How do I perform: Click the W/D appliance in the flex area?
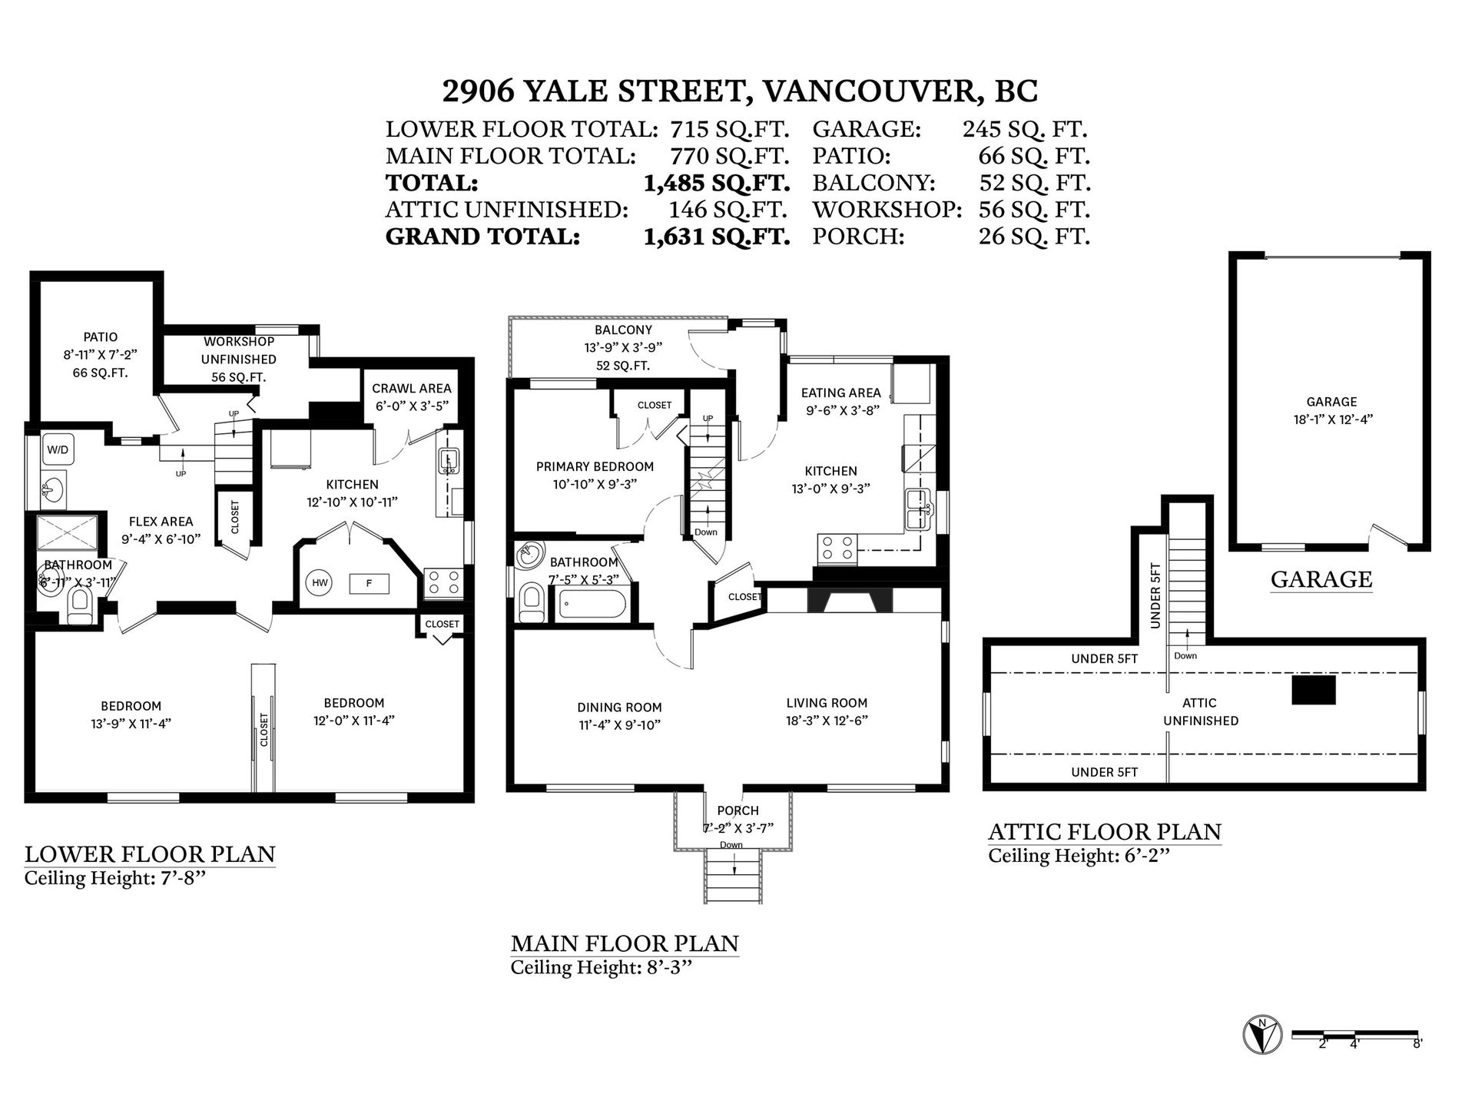click(x=58, y=450)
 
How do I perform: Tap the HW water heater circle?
click(x=320, y=583)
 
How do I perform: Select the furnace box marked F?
click(x=369, y=584)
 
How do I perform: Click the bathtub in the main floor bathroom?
click(x=592, y=603)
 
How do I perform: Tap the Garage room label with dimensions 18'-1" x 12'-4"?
click(x=1331, y=410)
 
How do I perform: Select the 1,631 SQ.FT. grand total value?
click(x=717, y=236)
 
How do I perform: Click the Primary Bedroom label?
click(x=595, y=466)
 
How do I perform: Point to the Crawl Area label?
click(x=412, y=389)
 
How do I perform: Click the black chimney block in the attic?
click(x=1314, y=690)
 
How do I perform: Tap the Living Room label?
click(x=827, y=703)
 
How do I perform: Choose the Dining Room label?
click(x=619, y=708)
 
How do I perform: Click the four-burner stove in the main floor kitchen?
click(x=837, y=548)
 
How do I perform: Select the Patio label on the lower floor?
click(x=101, y=336)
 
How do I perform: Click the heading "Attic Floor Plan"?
click(x=1105, y=832)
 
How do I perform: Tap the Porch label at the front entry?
click(x=737, y=810)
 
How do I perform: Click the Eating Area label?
click(x=840, y=393)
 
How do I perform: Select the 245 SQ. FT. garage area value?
click(x=1025, y=129)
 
